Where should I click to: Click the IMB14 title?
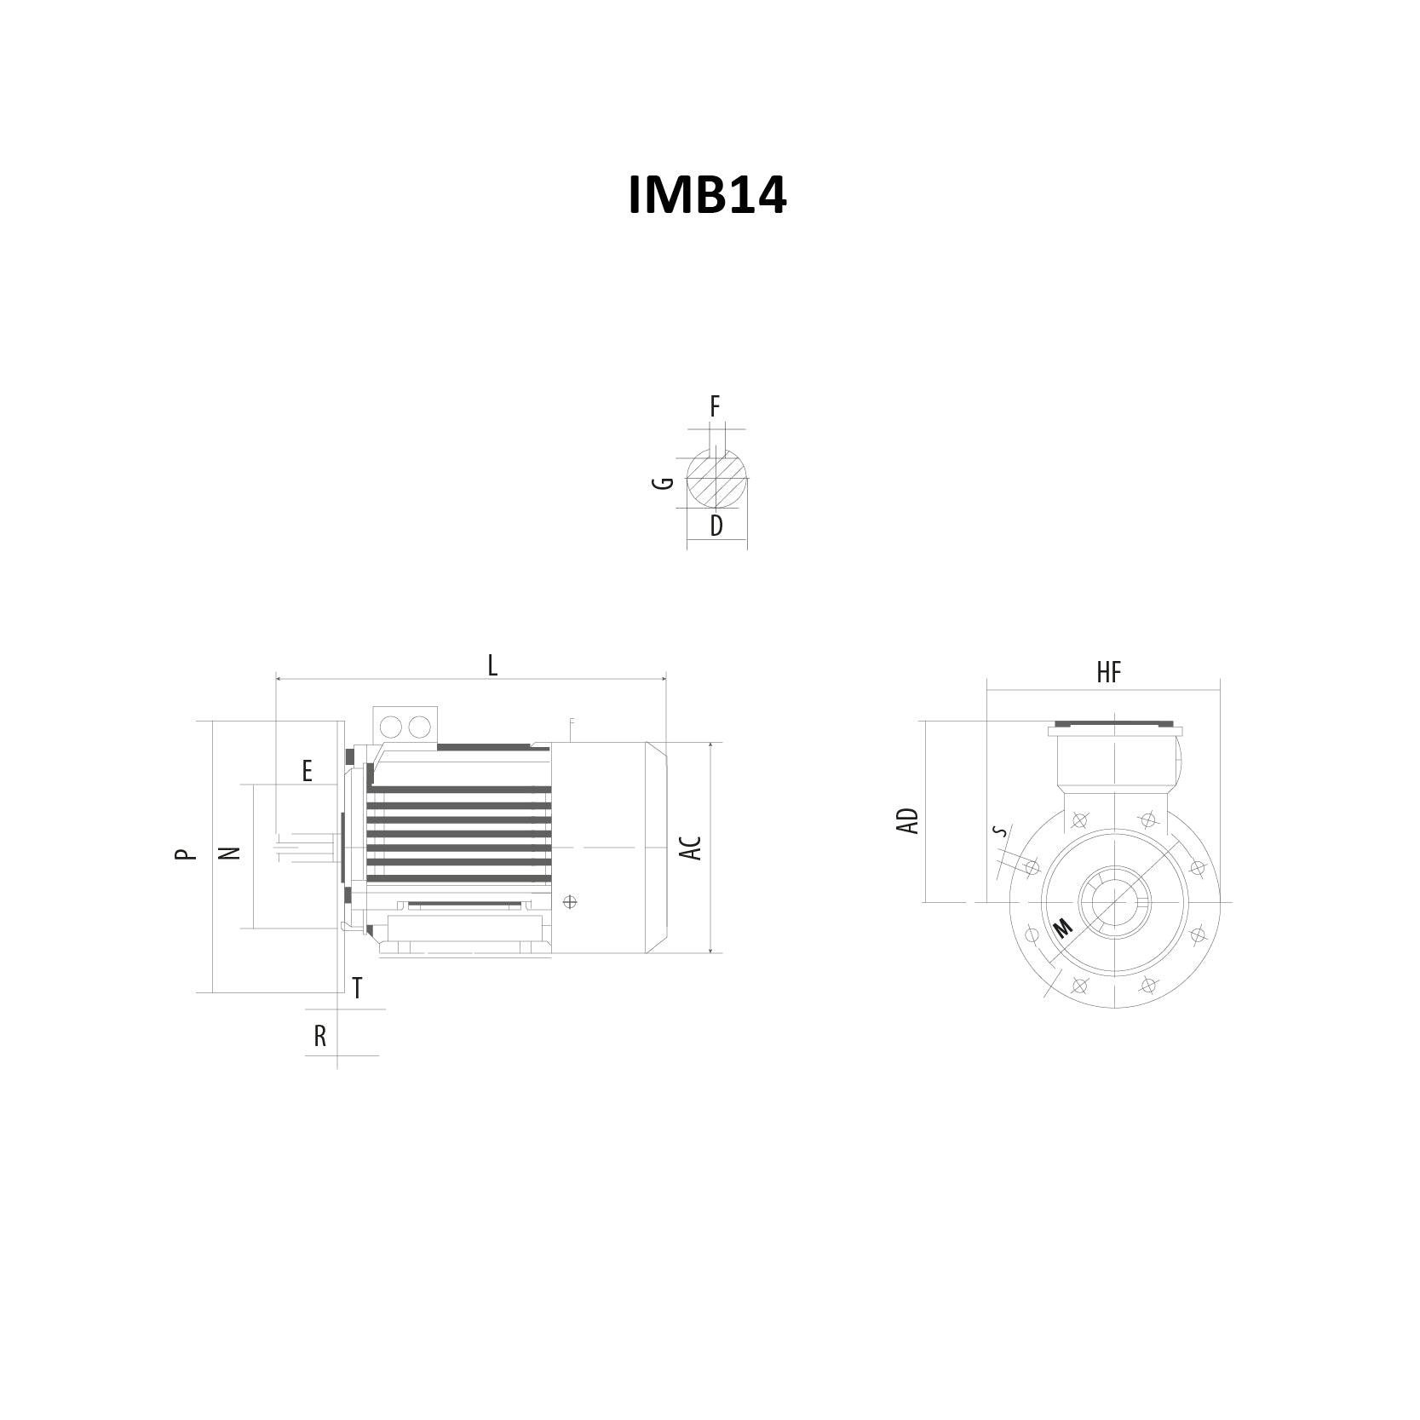(x=707, y=195)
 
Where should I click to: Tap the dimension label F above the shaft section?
(x=716, y=407)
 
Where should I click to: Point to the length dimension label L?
(x=492, y=665)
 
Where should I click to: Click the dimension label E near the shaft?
(x=307, y=771)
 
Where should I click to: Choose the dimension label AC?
(x=693, y=848)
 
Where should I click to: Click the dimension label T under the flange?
(x=358, y=988)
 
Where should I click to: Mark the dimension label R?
(x=320, y=1036)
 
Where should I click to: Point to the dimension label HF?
(x=1109, y=673)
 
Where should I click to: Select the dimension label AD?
(x=909, y=821)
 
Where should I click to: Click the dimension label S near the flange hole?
(x=1002, y=831)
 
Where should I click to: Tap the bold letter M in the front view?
(x=1063, y=928)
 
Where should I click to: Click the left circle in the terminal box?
(x=391, y=727)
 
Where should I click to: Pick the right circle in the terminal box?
(x=419, y=727)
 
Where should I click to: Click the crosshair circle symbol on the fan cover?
(x=570, y=902)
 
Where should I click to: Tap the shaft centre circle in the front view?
(x=1114, y=902)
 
